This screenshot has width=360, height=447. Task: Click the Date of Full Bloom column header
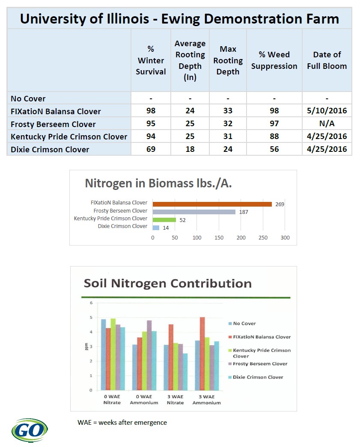[327, 60]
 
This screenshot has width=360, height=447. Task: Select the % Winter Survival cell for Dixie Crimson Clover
[151, 149]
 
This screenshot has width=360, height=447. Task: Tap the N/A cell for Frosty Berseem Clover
[327, 124]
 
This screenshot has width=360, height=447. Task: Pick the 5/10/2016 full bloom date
[327, 111]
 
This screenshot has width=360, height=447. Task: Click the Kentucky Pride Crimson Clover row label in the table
[69, 137]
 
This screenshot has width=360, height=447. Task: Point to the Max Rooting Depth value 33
[228, 111]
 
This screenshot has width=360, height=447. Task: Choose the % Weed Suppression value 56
[274, 149]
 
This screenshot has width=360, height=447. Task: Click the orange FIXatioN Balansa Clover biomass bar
[212, 204]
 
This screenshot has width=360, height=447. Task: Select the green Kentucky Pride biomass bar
[164, 220]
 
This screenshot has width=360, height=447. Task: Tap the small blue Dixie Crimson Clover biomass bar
[156, 228]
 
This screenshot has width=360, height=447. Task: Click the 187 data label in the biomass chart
[244, 212]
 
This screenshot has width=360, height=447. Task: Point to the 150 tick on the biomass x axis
[219, 238]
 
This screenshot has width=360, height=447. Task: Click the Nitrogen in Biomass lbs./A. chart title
[158, 184]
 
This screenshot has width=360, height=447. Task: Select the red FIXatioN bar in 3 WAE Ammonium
[202, 354]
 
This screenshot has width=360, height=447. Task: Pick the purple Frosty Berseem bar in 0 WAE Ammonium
[149, 355]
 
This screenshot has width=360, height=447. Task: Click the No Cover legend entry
[242, 323]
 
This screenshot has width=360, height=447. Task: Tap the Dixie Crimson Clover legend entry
[256, 377]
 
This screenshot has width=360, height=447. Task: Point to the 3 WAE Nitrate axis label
[176, 400]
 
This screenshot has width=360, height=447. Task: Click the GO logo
[30, 430]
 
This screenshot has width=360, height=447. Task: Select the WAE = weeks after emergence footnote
[122, 423]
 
